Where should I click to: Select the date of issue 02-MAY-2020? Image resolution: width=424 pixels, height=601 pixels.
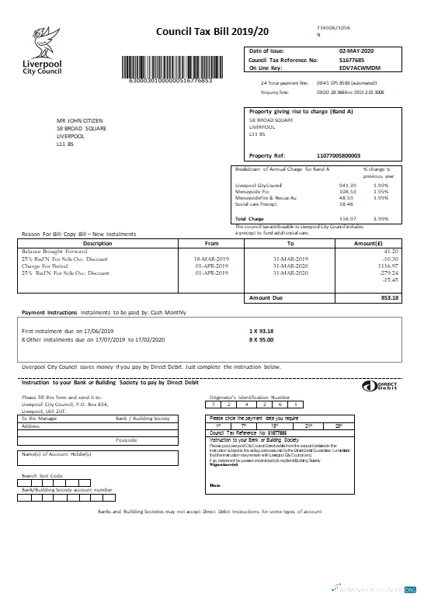coord(352,50)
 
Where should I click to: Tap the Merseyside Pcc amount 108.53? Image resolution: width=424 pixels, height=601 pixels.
coord(346,191)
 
